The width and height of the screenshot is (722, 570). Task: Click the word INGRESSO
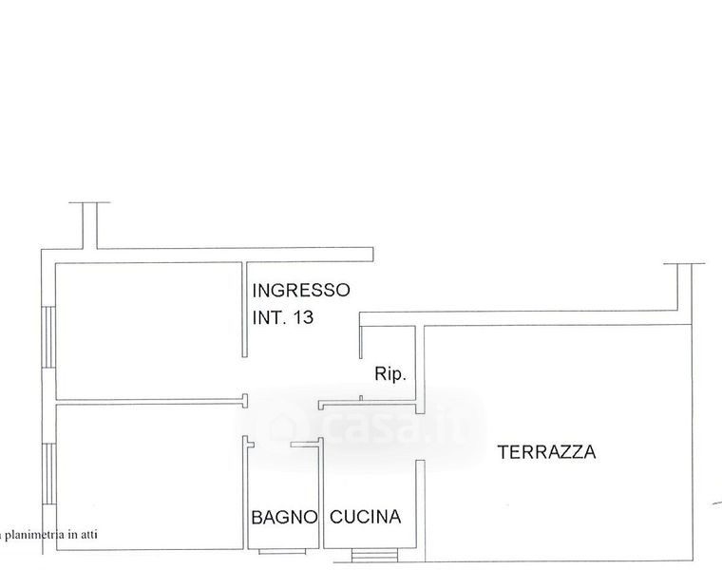pyautogui.click(x=301, y=290)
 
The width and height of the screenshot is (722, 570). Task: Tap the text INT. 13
pyautogui.click(x=283, y=318)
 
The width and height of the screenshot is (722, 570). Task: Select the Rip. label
pyautogui.click(x=390, y=374)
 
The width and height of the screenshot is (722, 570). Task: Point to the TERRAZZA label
pyautogui.click(x=547, y=452)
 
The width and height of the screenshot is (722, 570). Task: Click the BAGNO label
pyautogui.click(x=283, y=518)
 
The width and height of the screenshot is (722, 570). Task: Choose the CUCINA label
pyautogui.click(x=366, y=518)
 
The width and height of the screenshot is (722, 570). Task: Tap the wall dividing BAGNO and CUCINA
pyautogui.click(x=321, y=494)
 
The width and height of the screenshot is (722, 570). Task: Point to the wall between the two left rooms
pyautogui.click(x=147, y=401)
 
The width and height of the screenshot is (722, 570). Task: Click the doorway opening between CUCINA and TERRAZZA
pyautogui.click(x=419, y=439)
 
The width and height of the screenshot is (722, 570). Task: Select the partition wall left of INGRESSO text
pyautogui.click(x=244, y=309)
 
